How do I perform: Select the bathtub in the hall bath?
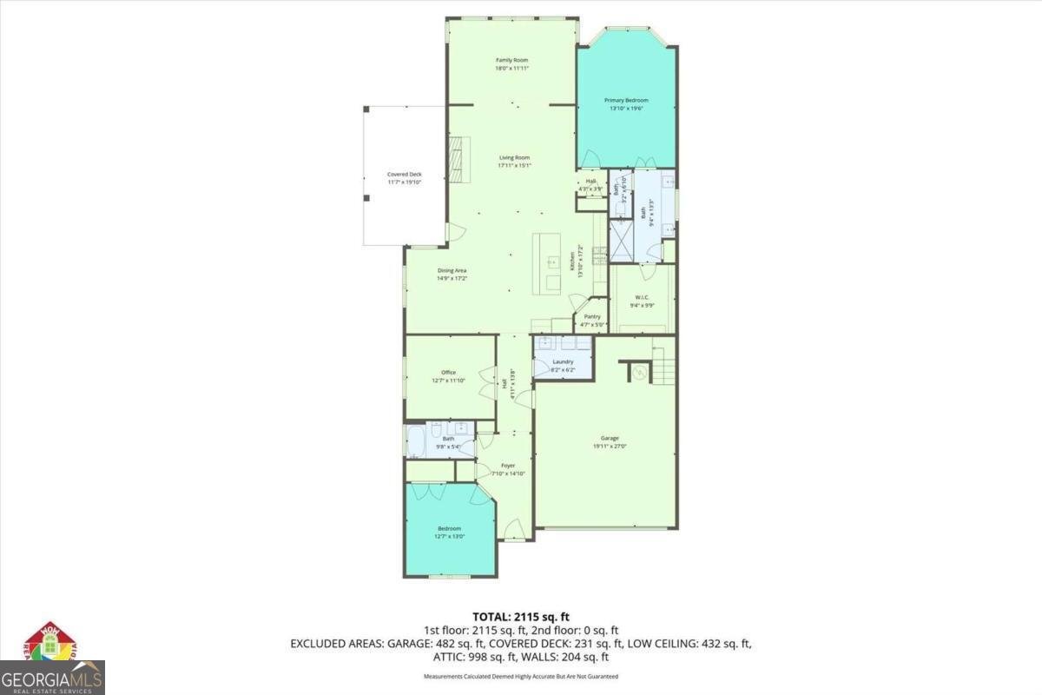(415, 442)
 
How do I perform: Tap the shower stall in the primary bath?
(621, 241)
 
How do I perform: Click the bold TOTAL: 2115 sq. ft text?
(521, 618)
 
